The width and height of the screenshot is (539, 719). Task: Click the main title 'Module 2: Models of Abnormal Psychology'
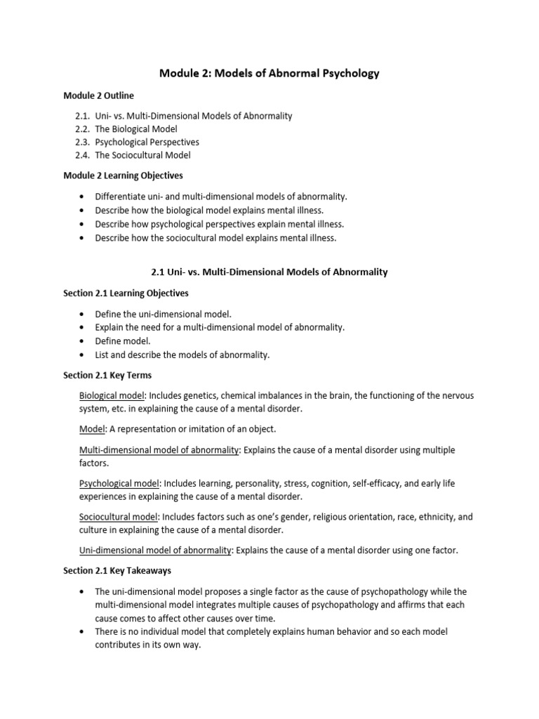coord(269,74)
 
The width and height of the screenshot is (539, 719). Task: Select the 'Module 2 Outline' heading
coord(98,95)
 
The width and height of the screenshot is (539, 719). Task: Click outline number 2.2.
coord(84,128)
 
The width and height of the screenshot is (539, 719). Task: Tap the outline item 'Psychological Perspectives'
coord(147,142)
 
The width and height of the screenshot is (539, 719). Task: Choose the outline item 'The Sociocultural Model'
coord(142,155)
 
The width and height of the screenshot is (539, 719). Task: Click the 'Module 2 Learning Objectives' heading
coord(123,176)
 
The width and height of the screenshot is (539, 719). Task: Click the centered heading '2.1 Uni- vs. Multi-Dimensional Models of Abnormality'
coord(269,271)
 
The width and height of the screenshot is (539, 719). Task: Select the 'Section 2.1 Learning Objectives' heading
coord(126,292)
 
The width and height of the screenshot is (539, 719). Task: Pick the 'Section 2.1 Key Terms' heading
coord(107,375)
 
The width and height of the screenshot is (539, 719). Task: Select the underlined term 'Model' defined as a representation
coord(91,429)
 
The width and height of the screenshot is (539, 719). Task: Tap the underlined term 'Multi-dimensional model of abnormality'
coord(159,449)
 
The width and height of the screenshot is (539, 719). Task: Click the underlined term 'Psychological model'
coord(119,483)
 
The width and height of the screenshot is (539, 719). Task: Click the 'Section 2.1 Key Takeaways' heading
coord(117,571)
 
